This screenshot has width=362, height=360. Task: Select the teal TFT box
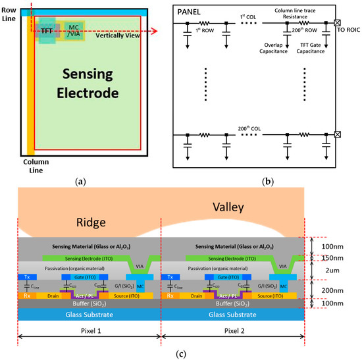[47, 31]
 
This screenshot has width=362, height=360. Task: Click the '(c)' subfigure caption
[180, 354]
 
